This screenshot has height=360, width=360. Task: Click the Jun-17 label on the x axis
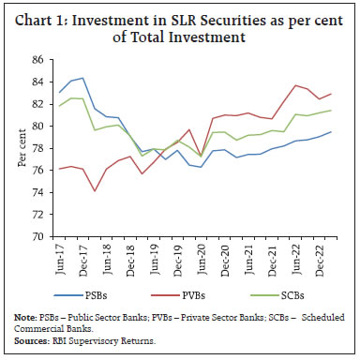point(59,259)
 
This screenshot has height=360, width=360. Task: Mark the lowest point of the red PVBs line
point(95,191)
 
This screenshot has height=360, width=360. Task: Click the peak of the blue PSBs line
point(82,78)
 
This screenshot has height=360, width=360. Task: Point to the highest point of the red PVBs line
point(295,85)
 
